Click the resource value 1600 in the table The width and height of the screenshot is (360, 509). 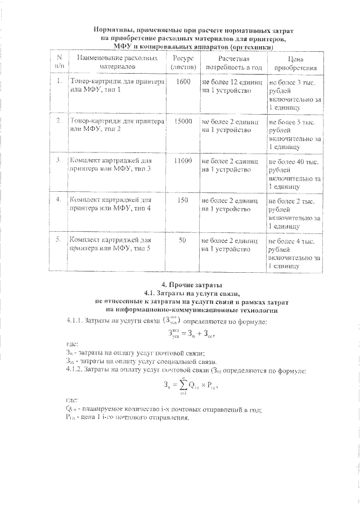pos(183,82)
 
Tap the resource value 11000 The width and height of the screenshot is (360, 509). pos(183,161)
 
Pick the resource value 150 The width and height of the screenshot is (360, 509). pos(183,200)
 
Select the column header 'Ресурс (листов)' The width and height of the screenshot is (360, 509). pos(183,62)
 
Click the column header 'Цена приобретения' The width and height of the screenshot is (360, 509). pos(295,62)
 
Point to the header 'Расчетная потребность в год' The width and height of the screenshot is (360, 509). pos(232,62)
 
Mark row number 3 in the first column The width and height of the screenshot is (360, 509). pos(58,161)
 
